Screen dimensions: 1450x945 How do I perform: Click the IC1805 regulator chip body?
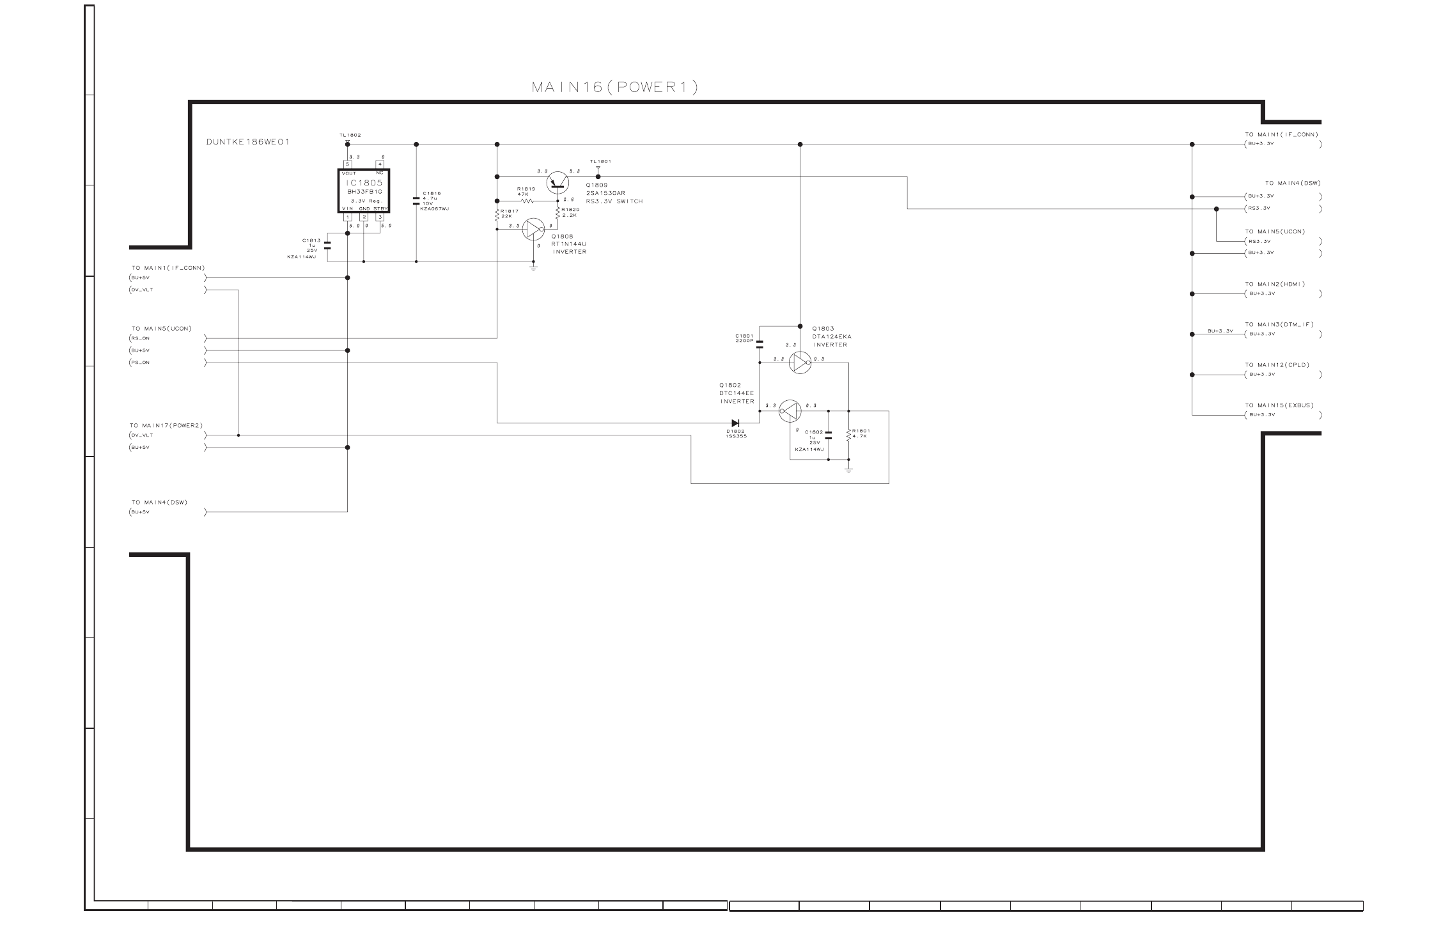tap(363, 191)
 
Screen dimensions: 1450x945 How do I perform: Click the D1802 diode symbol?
tap(735, 423)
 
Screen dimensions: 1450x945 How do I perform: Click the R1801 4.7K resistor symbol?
tap(849, 435)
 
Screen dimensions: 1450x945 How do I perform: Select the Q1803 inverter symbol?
tap(800, 363)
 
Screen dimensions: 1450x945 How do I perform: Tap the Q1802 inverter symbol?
tap(790, 410)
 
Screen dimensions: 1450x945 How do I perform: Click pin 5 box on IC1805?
tap(348, 164)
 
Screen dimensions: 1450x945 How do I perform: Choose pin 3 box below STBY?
tap(380, 217)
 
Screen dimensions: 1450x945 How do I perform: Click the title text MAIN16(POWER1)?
tap(614, 88)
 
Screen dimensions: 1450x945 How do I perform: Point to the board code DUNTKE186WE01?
tap(247, 142)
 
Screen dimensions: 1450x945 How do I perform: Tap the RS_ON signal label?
tap(141, 338)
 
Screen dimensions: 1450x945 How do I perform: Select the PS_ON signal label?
tap(141, 363)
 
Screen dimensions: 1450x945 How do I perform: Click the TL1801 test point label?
tap(600, 161)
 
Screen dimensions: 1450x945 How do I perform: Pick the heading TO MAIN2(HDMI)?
tap(1274, 284)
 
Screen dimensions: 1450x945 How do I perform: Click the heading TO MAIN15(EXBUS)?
tap(1279, 405)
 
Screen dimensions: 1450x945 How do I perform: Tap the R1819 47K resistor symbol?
tap(530, 201)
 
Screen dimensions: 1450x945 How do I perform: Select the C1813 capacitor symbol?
tap(327, 245)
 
